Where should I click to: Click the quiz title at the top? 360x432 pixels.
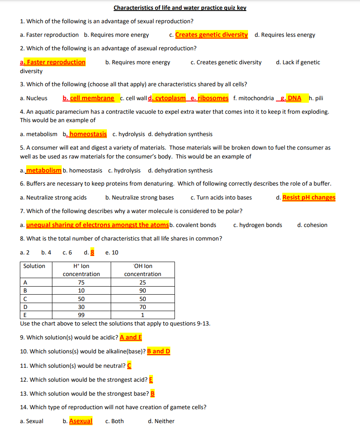point(180,8)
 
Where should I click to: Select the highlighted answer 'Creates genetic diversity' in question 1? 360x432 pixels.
point(211,35)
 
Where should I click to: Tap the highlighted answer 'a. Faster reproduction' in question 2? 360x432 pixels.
point(53,62)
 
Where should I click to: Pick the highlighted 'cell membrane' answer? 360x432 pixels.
point(92,98)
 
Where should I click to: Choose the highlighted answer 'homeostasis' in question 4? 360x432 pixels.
point(88,134)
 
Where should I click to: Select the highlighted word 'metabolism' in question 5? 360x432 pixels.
point(44,170)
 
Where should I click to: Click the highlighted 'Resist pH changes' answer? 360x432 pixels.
point(308,197)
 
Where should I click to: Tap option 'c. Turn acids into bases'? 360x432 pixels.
point(221,197)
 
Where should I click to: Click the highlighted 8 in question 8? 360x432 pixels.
point(92,252)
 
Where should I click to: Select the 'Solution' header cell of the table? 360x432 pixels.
point(34,266)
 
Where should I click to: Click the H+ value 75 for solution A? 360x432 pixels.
point(81,283)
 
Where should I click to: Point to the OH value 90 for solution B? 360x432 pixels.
point(142,291)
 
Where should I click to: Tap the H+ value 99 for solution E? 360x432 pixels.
point(81,315)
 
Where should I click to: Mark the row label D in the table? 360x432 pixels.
point(25,307)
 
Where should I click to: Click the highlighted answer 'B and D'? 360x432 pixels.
point(158,351)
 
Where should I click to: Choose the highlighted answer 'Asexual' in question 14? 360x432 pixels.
point(81,421)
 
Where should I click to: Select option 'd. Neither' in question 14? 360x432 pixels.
point(161,421)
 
